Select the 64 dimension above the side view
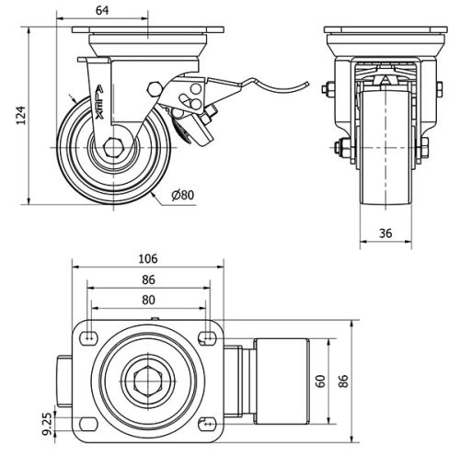point(102,10)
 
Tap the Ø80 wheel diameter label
point(184,194)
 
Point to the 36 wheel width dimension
point(385,233)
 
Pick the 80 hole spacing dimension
point(148,299)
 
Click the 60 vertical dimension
point(321,382)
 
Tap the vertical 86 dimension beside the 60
point(345,382)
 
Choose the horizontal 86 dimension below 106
point(148,279)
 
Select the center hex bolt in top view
point(147,381)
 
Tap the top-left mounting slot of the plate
point(87,338)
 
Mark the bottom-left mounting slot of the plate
point(87,424)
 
